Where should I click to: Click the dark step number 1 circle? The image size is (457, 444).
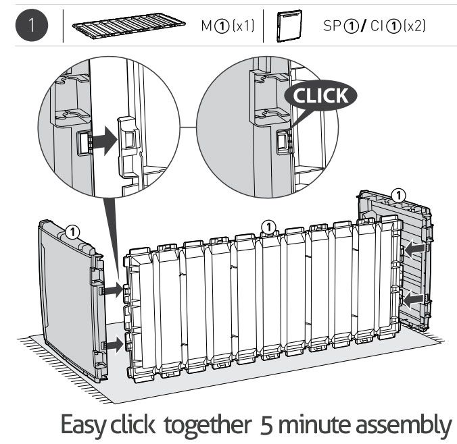click(32, 25)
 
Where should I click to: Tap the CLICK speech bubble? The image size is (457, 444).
click(320, 95)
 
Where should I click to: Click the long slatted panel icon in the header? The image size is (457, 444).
click(129, 26)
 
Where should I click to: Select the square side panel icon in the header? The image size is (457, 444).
click(289, 26)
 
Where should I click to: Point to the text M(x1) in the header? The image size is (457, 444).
click(228, 26)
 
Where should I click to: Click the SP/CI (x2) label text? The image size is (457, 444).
click(375, 26)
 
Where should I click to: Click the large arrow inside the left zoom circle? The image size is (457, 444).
click(105, 141)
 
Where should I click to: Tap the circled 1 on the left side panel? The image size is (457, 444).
click(72, 232)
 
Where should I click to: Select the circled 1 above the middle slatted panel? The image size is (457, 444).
click(268, 227)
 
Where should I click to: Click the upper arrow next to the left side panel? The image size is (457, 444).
click(114, 289)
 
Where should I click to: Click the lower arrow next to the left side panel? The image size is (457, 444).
click(114, 345)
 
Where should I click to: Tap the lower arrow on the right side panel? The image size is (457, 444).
click(413, 299)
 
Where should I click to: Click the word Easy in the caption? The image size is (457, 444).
click(82, 425)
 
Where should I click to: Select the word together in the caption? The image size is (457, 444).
click(208, 424)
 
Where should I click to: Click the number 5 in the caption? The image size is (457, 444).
click(266, 426)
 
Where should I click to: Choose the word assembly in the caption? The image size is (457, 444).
click(404, 426)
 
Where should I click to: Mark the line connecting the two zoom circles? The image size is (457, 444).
click(189, 127)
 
